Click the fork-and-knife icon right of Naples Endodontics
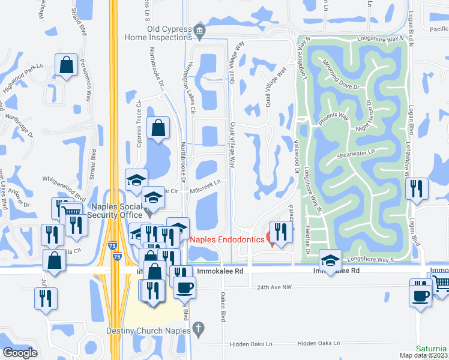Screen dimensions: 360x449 [280, 230]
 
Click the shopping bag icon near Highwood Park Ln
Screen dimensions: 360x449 [66, 65]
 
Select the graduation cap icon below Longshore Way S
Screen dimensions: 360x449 [330, 259]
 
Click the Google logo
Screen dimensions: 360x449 [20, 353]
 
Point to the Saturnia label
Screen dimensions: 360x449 [432, 348]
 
